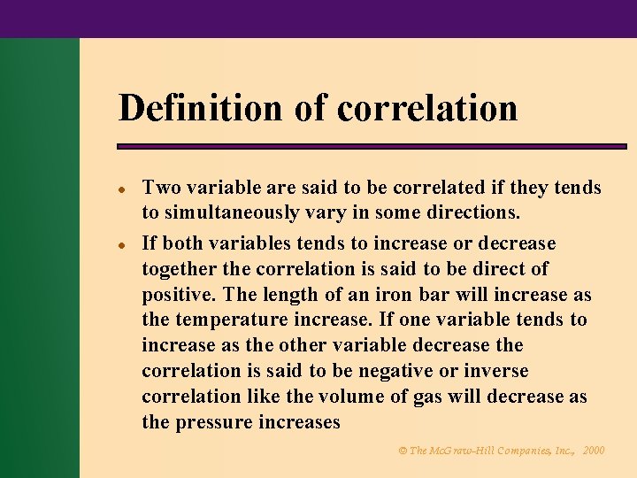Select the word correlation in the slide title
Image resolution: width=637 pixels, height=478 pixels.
tap(427, 108)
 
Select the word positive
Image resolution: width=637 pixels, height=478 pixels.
tap(179, 294)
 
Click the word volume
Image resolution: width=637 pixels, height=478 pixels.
tap(339, 397)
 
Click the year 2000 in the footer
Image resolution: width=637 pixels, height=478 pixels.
tap(595, 451)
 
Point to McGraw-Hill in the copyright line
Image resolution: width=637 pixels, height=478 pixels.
tap(463, 451)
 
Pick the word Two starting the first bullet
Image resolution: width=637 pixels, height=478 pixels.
tap(160, 188)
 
